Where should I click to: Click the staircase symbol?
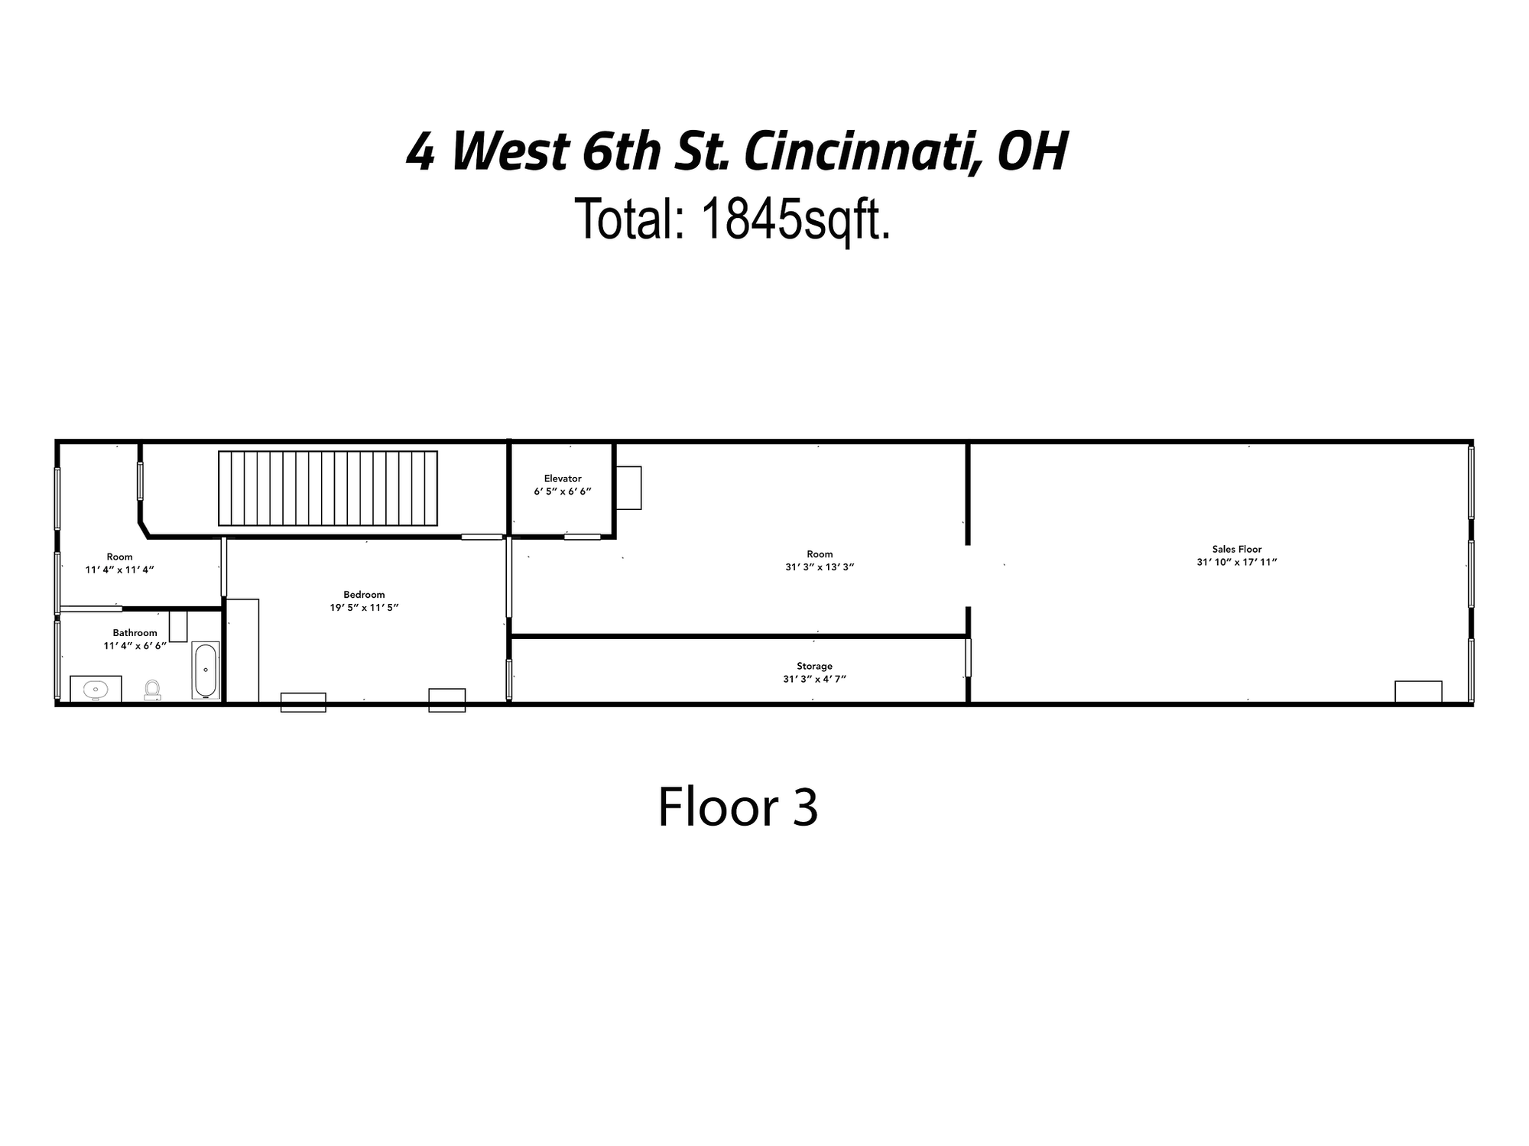(328, 489)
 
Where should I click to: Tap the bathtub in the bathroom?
(206, 670)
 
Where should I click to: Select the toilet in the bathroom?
(153, 690)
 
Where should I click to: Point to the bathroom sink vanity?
(96, 688)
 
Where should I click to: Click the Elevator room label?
(563, 479)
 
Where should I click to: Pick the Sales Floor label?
(1237, 549)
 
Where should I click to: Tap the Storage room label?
(814, 666)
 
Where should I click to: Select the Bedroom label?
(364, 595)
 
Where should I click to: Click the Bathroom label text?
(135, 633)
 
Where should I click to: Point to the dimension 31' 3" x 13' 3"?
(820, 567)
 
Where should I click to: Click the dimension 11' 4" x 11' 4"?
(120, 570)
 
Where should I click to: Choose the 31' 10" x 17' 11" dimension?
(1237, 562)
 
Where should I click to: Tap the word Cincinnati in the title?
(862, 151)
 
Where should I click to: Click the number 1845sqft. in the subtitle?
(795, 219)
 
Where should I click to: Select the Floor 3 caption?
(738, 807)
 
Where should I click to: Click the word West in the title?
(511, 151)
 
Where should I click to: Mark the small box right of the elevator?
(628, 488)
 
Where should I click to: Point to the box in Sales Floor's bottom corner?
(1418, 691)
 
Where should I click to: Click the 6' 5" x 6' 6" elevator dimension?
(563, 492)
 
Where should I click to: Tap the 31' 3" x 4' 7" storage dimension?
(814, 679)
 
